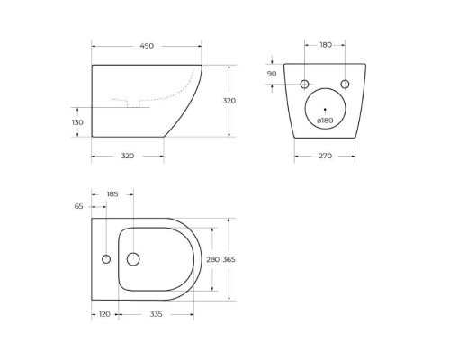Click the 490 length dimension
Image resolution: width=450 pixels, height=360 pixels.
pyautogui.click(x=147, y=46)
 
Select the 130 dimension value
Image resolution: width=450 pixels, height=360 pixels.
pyautogui.click(x=77, y=122)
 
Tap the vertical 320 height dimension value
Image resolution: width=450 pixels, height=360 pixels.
pyautogui.click(x=229, y=101)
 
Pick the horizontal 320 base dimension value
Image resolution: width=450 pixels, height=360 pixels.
pyautogui.click(x=127, y=156)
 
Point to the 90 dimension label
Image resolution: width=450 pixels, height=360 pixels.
pyautogui.click(x=273, y=74)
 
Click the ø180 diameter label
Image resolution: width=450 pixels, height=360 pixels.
pyautogui.click(x=325, y=120)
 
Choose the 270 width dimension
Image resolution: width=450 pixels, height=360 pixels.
pyautogui.click(x=325, y=156)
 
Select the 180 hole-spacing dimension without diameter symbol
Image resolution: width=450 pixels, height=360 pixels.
pyautogui.click(x=325, y=45)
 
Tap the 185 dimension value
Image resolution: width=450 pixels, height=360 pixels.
pyautogui.click(x=112, y=193)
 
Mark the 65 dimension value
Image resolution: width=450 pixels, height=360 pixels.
pyautogui.click(x=78, y=206)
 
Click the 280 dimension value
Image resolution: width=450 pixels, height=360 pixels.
pyautogui.click(x=213, y=259)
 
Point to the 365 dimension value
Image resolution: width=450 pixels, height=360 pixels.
pyautogui.click(x=229, y=259)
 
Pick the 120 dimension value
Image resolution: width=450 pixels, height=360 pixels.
pyautogui.click(x=104, y=315)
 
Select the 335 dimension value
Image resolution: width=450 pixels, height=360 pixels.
pyautogui.click(x=156, y=315)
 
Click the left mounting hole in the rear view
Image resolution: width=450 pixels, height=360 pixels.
pyautogui.click(x=304, y=84)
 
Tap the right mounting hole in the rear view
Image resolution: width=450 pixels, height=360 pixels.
pyautogui.click(x=345, y=84)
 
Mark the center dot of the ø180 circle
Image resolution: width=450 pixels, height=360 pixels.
pyautogui.click(x=325, y=109)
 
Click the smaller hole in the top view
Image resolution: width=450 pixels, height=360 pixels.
pyautogui.click(x=106, y=259)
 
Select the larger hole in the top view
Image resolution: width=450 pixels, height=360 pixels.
pyautogui.click(x=133, y=259)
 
